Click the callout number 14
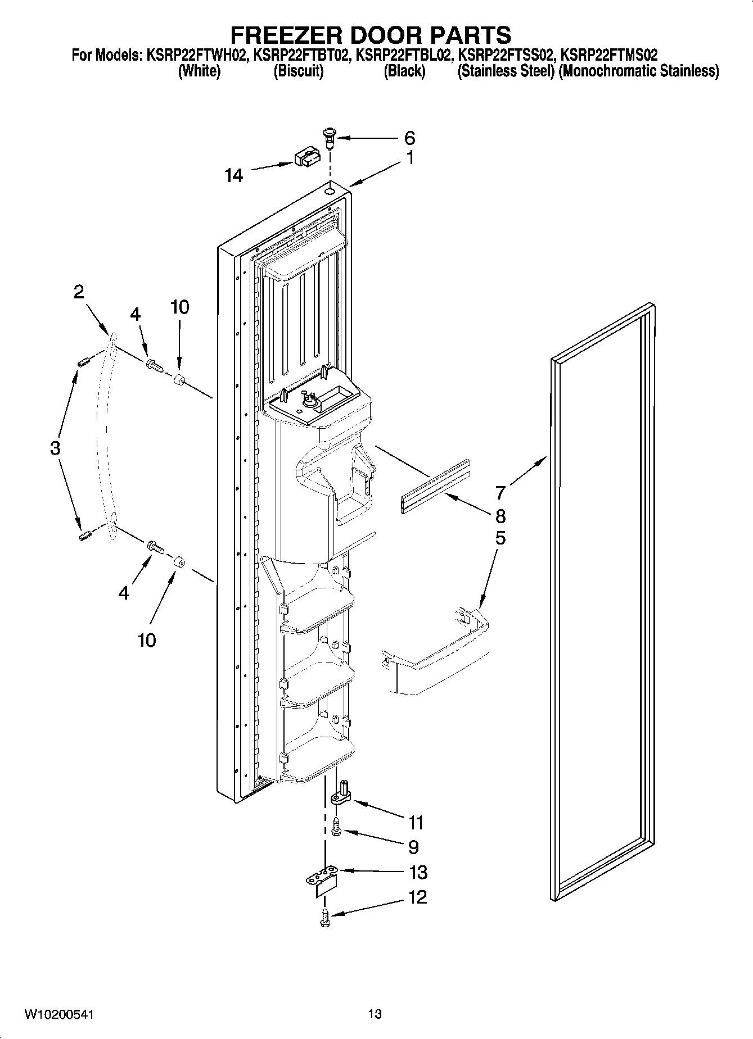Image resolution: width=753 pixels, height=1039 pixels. coord(233,176)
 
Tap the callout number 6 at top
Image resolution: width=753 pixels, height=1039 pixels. coord(409,138)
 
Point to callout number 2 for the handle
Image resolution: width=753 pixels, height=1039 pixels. coord(79,292)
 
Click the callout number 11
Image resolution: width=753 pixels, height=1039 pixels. coord(416,823)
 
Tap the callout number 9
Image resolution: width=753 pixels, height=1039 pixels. coord(413,846)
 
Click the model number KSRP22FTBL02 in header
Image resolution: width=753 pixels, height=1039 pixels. coord(404,55)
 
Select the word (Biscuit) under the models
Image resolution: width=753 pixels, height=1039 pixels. coord(299,71)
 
